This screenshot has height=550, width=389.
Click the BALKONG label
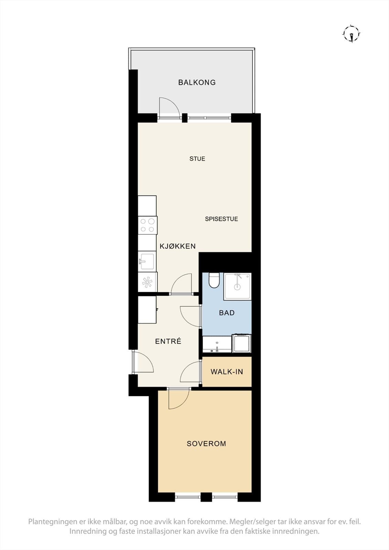[x=197, y=82]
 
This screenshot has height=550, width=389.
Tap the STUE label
[x=197, y=158]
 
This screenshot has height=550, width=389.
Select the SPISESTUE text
[x=221, y=219]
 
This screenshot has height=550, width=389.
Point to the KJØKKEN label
[x=177, y=246]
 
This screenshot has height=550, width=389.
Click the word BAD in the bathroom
[x=227, y=313]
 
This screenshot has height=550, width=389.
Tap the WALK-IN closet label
[x=227, y=372]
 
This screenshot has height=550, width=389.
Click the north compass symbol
[x=352, y=34]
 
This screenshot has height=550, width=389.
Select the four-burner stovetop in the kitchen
[x=148, y=225]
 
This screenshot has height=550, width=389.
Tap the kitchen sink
[x=147, y=261]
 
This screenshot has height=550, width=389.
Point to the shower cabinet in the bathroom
[x=237, y=286]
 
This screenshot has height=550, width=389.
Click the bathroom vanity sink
[x=217, y=344]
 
